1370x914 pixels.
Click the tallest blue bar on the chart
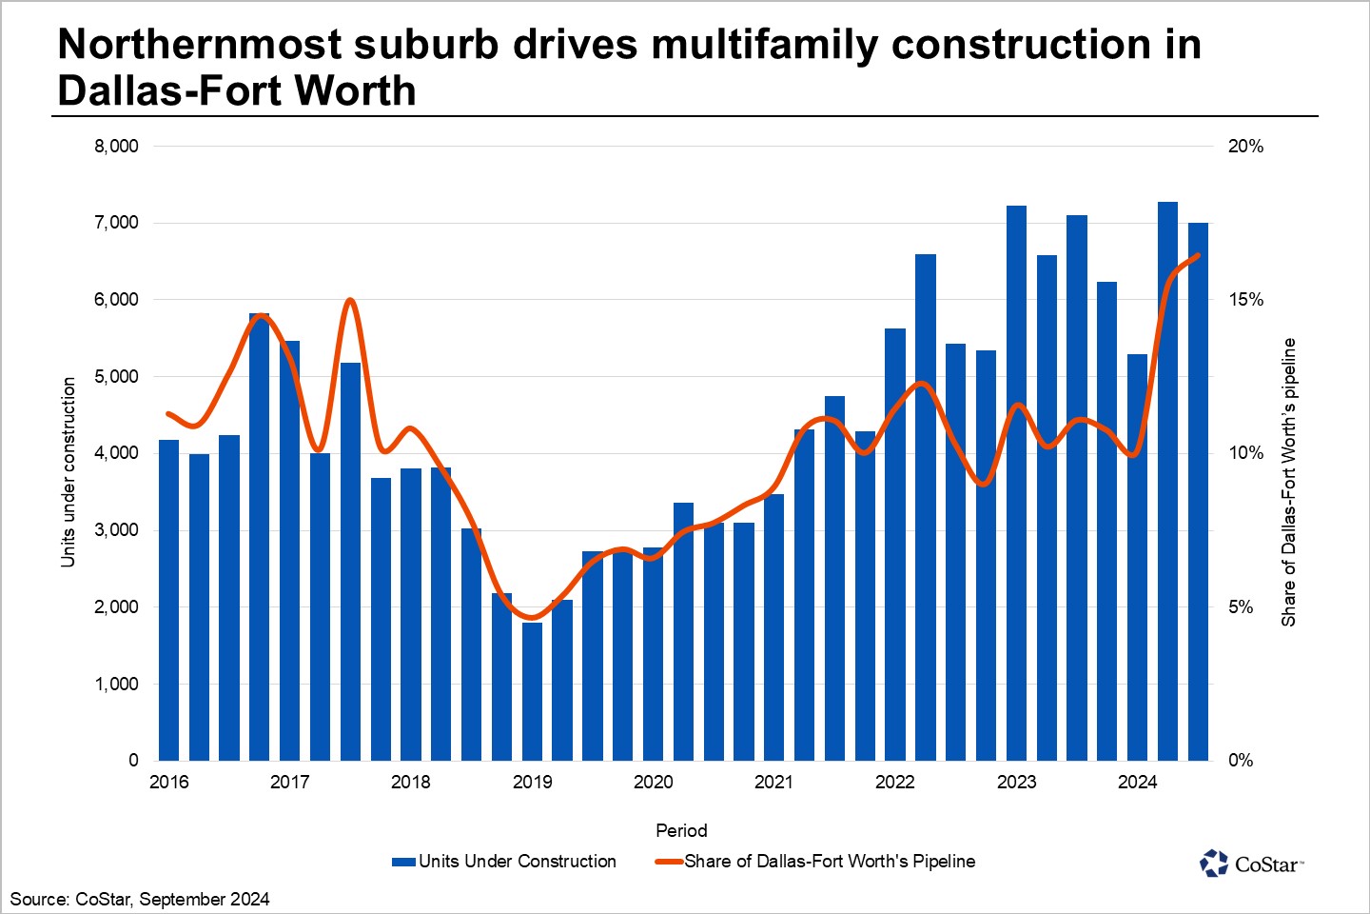click(x=1167, y=481)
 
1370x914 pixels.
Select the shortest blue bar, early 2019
click(x=532, y=691)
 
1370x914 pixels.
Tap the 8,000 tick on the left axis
click(x=116, y=146)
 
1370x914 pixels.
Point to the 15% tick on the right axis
click(x=1245, y=300)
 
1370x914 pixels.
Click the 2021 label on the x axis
click(x=773, y=783)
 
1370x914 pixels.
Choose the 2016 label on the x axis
click(x=169, y=783)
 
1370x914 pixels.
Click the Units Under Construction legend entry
click(x=504, y=862)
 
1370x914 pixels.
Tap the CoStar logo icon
click(x=1214, y=864)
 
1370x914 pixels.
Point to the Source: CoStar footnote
click(x=140, y=899)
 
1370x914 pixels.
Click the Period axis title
click(x=681, y=830)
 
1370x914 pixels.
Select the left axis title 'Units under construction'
click(x=68, y=472)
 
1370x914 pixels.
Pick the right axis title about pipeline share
click(x=1288, y=482)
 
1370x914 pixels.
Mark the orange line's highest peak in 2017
click(x=350, y=301)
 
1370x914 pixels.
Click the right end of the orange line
click(x=1198, y=255)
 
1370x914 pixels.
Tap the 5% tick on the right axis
click(x=1241, y=607)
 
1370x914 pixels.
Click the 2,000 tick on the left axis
click(x=116, y=607)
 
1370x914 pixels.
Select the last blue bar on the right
click(x=1198, y=491)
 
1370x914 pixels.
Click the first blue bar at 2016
click(x=169, y=600)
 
